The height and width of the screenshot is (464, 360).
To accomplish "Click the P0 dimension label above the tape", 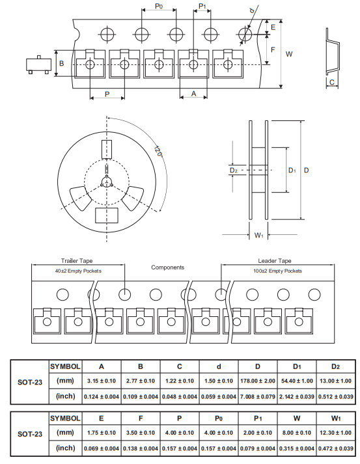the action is coord(159,7).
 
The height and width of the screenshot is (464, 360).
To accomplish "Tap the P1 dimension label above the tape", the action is coord(202,7).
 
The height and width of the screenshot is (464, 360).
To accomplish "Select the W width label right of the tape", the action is coord(289,54).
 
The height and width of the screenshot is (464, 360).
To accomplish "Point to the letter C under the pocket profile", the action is coord(332,82).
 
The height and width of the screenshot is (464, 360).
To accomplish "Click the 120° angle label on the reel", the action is coord(158,151).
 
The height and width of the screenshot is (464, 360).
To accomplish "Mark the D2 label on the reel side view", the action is coord(234,170).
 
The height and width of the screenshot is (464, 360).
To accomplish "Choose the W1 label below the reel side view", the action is coord(258,235).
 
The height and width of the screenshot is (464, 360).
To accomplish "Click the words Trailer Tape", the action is coord(77,261).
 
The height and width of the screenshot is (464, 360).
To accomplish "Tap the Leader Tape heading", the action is coord(275,261).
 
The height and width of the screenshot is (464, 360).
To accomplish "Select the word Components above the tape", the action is coord(167,267).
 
